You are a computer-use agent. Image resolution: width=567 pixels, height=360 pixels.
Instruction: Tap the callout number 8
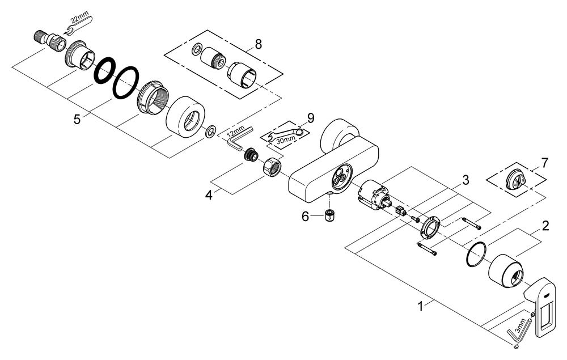(259, 44)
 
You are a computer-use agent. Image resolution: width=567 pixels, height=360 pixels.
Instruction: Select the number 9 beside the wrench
(310, 118)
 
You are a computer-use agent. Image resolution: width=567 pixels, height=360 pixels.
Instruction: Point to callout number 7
(544, 163)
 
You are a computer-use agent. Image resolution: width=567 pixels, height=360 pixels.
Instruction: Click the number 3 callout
(464, 181)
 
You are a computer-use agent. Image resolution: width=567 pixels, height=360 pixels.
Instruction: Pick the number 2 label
(545, 226)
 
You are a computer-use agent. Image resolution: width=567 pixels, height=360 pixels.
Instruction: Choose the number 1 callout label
(420, 307)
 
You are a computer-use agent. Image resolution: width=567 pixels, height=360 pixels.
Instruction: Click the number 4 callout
(209, 195)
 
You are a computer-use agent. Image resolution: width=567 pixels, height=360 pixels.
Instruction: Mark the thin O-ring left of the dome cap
(475, 255)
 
